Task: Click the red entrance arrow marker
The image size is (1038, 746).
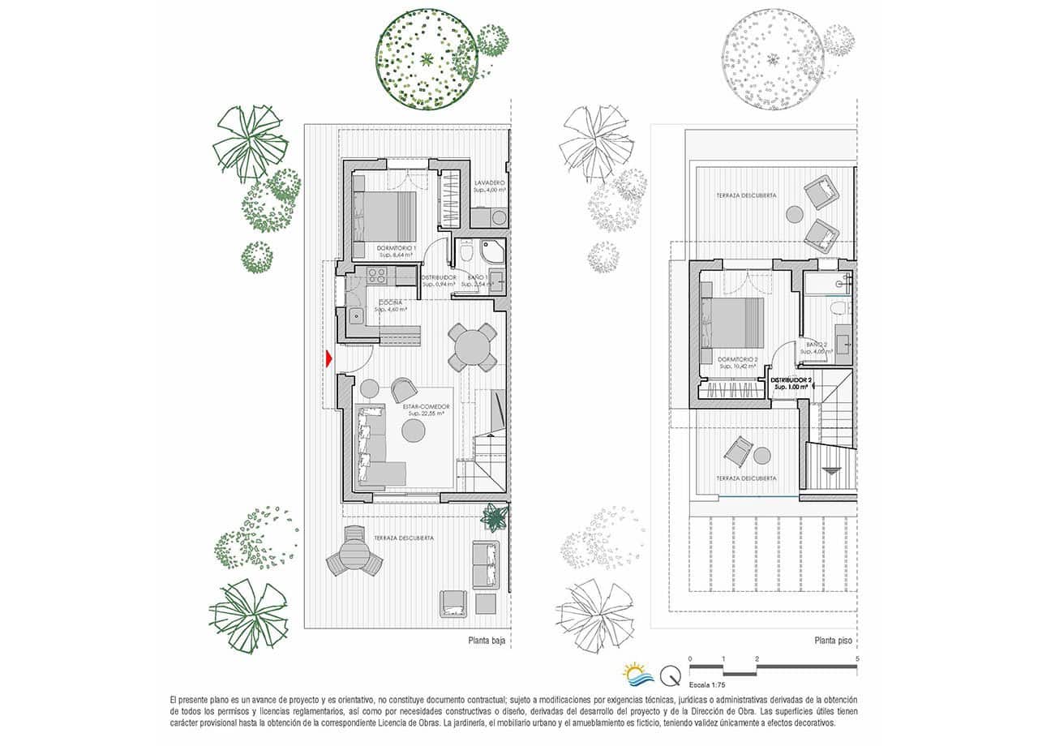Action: point(328,358)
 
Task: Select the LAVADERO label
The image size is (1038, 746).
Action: point(490,184)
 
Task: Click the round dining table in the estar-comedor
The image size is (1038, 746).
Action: point(474,347)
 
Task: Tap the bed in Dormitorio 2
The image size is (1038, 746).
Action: point(734,320)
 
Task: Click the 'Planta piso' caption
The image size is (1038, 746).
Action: point(833,640)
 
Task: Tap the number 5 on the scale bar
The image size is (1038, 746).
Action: point(857,658)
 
